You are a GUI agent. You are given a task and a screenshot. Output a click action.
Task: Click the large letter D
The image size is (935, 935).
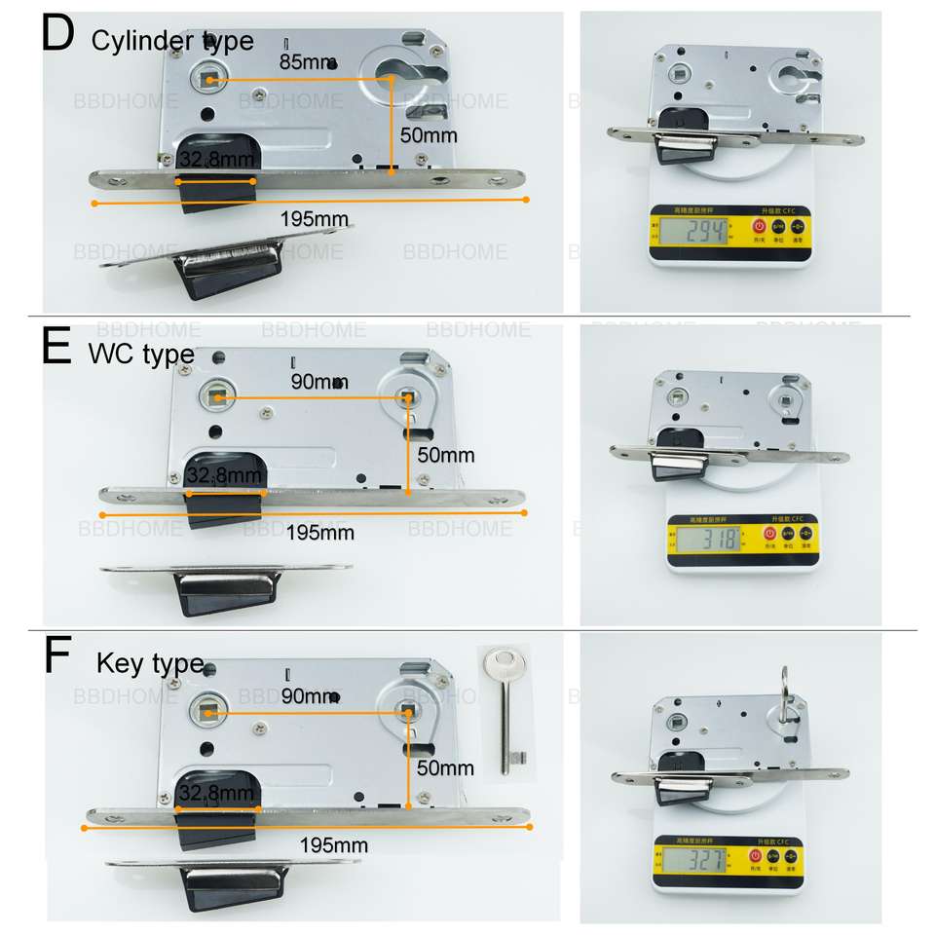[58, 34]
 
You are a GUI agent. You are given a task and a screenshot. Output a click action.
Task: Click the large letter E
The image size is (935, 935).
[57, 347]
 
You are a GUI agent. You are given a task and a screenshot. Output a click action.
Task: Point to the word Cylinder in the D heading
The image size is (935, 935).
[144, 41]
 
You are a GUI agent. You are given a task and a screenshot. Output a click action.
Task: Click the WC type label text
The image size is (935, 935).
[140, 355]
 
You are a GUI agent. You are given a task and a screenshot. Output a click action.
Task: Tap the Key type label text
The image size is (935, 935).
[150, 664]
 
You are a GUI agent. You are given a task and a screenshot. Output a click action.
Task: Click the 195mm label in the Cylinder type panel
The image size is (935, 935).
[314, 219]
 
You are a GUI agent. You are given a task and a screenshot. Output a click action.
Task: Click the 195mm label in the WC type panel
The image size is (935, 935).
[320, 533]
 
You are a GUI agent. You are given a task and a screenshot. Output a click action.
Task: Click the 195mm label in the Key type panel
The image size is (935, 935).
[333, 844]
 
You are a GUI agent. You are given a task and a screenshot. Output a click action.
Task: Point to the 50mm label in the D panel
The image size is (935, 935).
[428, 135]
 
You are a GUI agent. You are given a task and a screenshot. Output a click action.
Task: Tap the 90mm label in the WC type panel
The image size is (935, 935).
[319, 382]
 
